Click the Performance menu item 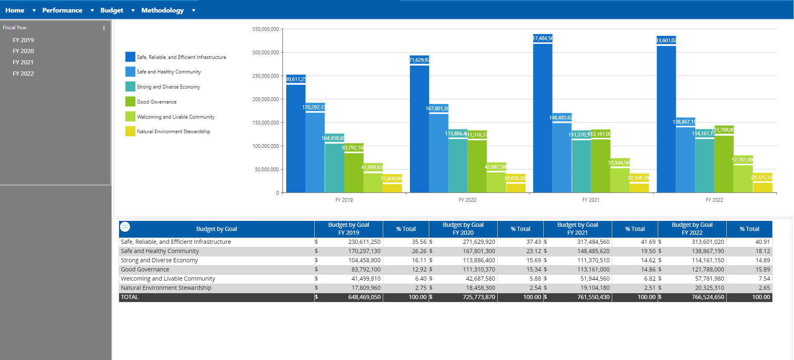[62, 10]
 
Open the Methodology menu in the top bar [163, 10]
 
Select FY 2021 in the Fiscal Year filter [23, 62]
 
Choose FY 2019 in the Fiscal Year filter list [23, 40]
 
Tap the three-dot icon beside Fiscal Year [104, 28]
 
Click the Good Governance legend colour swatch [130, 101]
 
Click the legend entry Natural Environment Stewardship [173, 132]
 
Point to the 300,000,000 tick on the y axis [265, 53]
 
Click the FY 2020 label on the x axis [467, 200]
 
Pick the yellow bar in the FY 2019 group [392, 187]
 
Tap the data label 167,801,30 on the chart [437, 109]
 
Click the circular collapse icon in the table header [125, 227]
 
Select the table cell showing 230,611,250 [364, 242]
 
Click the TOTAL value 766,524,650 [707, 297]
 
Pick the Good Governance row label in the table [145, 269]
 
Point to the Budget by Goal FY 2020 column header [463, 228]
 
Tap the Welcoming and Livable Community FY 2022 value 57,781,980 [707, 279]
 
